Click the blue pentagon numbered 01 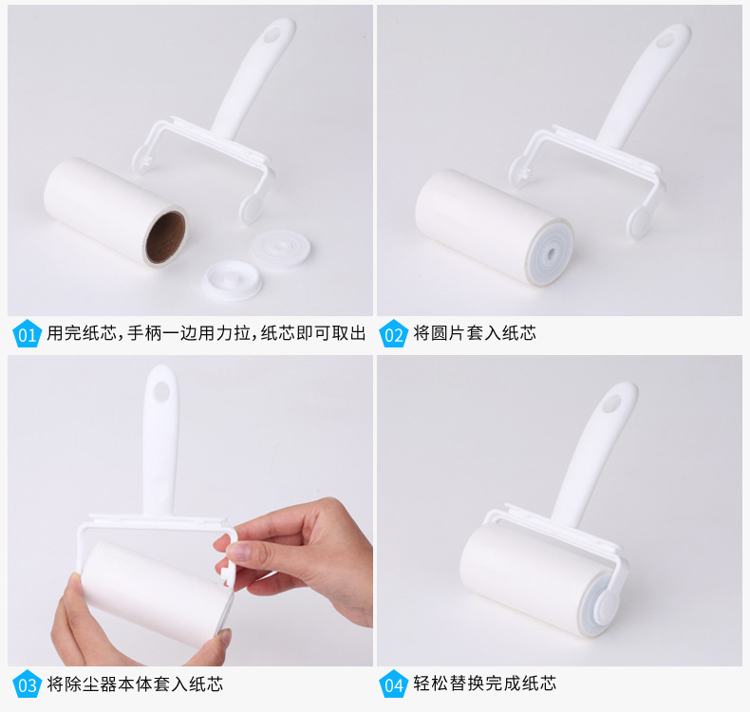click(x=27, y=334)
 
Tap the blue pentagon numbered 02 click(x=393, y=334)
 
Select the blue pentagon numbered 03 click(x=27, y=684)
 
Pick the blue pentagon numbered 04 click(x=393, y=684)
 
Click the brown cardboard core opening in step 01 click(x=165, y=237)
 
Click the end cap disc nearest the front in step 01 click(x=233, y=280)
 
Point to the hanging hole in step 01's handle click(x=273, y=34)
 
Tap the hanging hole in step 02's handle click(x=665, y=41)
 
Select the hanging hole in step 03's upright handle click(x=162, y=392)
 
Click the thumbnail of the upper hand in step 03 click(x=239, y=552)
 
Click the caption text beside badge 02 click(x=475, y=333)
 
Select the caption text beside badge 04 click(x=484, y=684)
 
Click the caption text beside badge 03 click(x=135, y=684)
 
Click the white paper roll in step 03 click(x=153, y=593)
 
